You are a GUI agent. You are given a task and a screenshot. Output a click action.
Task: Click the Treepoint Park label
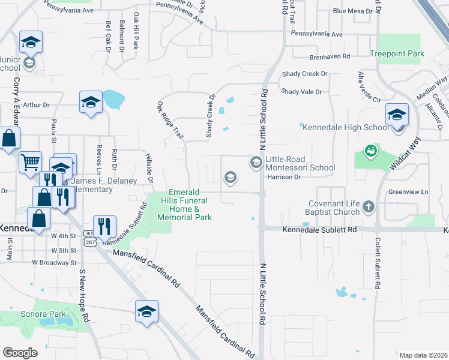[397, 53]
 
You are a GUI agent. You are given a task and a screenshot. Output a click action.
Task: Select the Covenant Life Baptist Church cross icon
[369, 207]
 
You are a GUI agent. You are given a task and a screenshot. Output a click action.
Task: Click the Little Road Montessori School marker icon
[256, 162]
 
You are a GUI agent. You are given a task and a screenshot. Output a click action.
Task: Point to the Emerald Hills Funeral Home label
[188, 205]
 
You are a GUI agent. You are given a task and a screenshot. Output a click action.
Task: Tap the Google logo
[20, 352]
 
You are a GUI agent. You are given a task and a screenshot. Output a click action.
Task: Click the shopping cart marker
[30, 161]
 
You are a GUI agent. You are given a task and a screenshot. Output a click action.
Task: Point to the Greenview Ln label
[408, 193]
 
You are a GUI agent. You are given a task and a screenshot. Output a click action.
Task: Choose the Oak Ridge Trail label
[170, 120]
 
